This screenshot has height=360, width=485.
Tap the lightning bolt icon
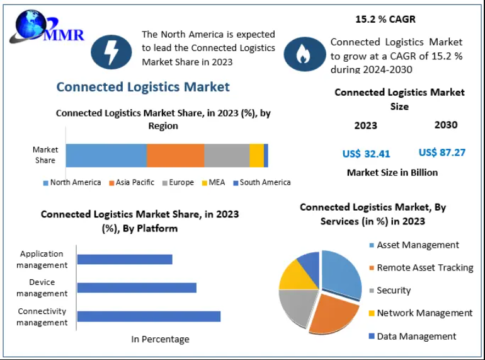(111, 52)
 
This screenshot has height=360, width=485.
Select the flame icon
(304, 54)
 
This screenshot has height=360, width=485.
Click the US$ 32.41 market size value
(366, 153)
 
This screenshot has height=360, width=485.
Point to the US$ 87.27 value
(442, 153)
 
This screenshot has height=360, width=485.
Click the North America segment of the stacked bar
(106, 155)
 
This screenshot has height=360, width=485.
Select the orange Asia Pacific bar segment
(175, 155)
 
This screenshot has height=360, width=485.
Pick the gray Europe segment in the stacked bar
(227, 155)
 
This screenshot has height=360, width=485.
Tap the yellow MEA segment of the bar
(256, 155)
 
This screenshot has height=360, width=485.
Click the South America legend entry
(261, 182)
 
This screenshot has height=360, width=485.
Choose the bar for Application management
(125, 259)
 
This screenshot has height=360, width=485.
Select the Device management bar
(137, 287)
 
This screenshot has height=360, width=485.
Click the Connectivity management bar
(149, 316)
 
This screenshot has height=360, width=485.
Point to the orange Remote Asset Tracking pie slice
(332, 312)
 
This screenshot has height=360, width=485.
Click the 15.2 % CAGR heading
(385, 20)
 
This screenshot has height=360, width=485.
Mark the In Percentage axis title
(160, 339)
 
